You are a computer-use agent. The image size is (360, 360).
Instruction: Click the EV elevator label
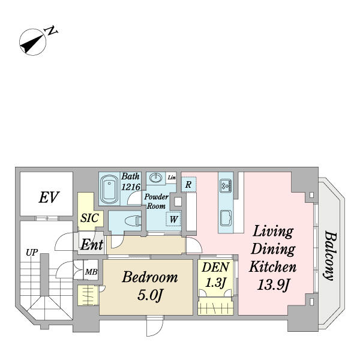click(47, 197)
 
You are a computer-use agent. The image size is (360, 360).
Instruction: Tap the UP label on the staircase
click(31, 253)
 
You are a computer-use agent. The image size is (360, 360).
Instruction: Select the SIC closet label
click(89, 219)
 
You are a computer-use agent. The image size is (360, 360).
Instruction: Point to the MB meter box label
click(91, 272)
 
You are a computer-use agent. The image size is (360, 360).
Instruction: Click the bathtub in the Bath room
click(109, 189)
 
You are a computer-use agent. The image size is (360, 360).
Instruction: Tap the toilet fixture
click(127, 221)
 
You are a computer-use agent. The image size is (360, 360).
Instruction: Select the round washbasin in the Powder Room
click(155, 178)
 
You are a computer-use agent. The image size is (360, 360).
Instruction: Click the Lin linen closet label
click(172, 178)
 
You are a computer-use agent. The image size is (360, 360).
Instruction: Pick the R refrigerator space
click(188, 185)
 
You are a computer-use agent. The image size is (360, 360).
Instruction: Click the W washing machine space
click(173, 219)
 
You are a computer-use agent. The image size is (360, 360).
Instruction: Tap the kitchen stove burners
click(226, 185)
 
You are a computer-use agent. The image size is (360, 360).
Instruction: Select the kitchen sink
click(227, 217)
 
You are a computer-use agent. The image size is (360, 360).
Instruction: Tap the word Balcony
click(329, 255)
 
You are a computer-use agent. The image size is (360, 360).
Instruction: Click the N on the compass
click(53, 31)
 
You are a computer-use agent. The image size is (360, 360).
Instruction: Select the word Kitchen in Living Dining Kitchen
click(273, 266)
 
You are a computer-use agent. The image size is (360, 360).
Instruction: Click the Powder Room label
click(156, 200)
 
